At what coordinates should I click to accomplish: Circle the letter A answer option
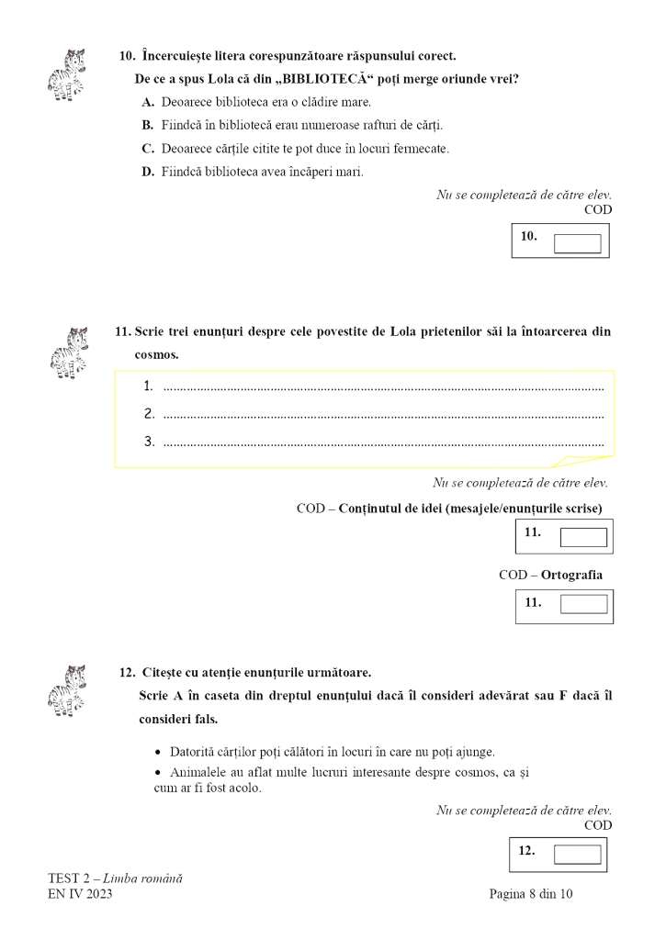point(147,102)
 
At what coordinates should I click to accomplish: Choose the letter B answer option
point(147,125)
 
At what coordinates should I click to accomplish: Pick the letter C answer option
point(147,148)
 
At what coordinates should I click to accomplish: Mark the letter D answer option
point(147,171)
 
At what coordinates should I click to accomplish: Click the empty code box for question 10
point(578,243)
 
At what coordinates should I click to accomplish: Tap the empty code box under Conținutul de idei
point(583,537)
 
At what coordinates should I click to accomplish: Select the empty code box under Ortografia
point(583,604)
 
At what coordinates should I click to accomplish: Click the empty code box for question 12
point(578,855)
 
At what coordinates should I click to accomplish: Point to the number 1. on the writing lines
point(149,386)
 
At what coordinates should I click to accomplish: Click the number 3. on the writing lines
point(149,442)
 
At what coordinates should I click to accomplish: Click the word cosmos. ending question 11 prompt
point(157,354)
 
